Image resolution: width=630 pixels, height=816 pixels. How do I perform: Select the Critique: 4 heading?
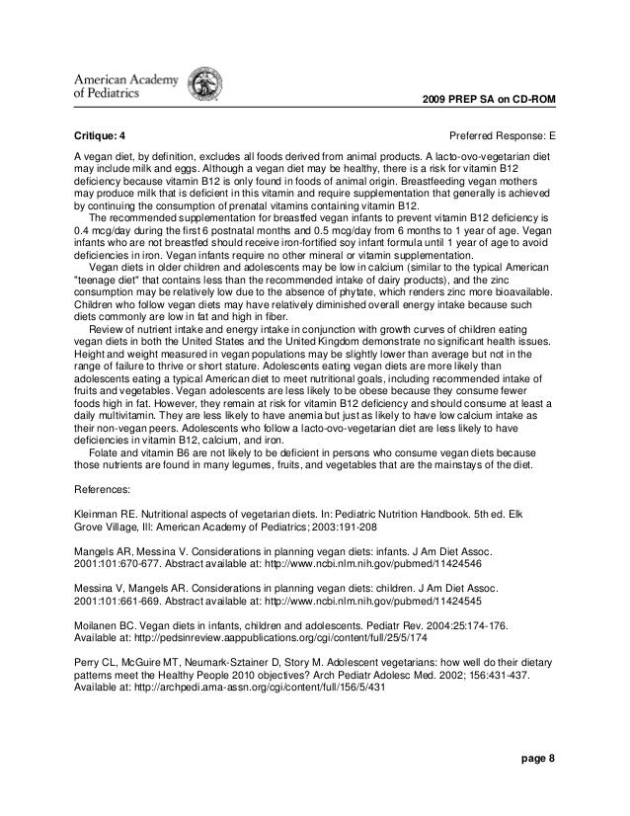click(102, 133)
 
